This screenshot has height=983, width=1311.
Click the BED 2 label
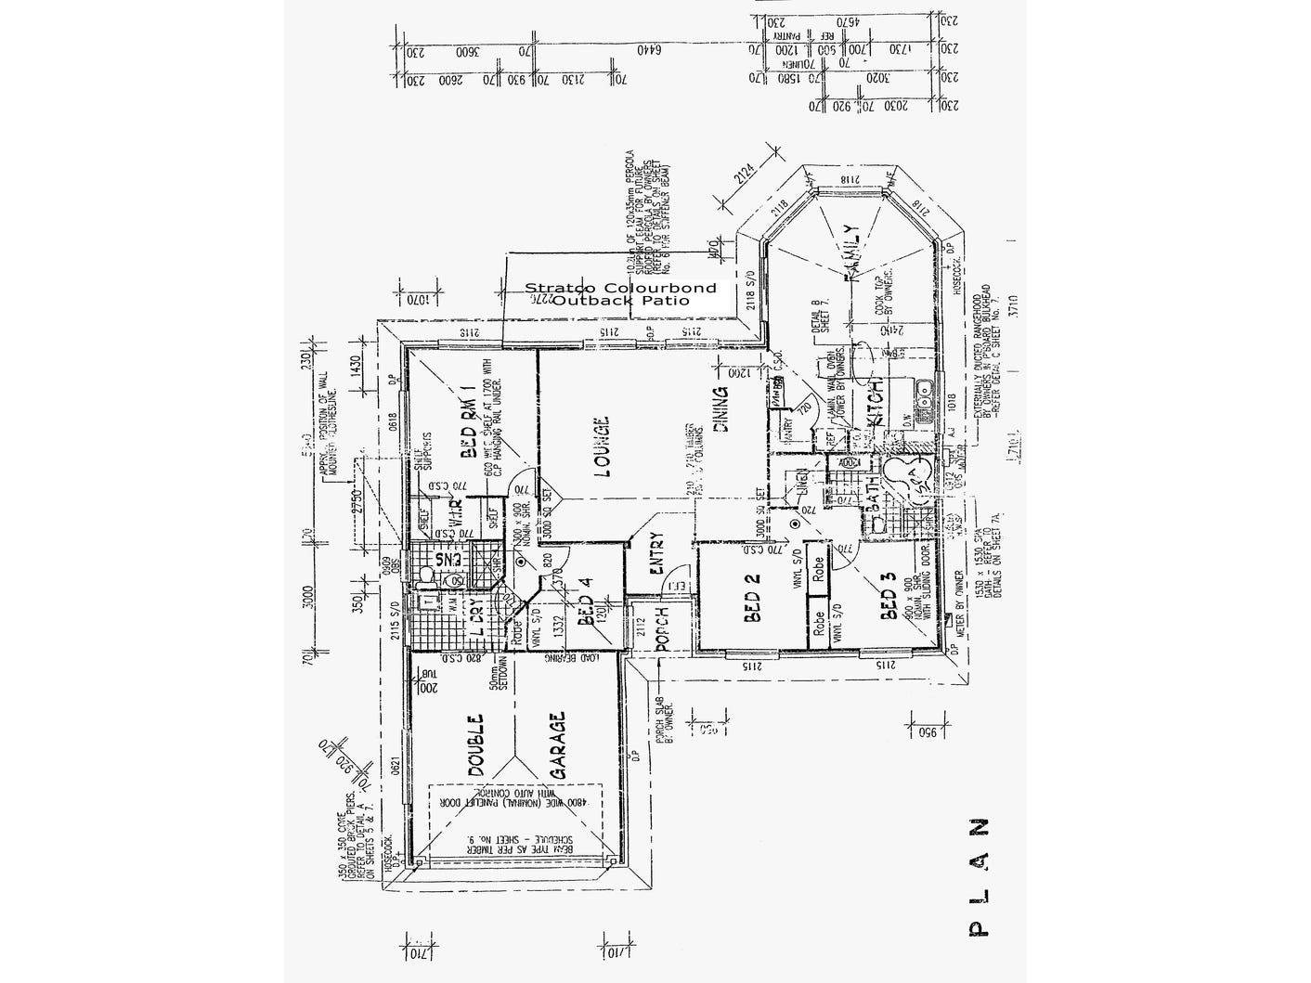click(x=752, y=599)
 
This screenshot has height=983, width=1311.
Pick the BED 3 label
click(x=889, y=601)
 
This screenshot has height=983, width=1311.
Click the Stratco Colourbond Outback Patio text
click(x=620, y=294)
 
